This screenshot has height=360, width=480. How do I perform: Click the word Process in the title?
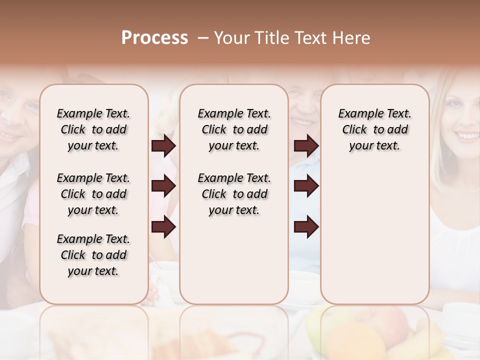pos(154,38)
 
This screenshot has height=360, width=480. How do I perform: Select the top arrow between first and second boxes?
pos(163,146)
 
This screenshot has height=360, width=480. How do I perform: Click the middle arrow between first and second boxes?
pos(163,186)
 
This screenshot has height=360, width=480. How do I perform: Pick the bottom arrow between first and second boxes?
pos(163,227)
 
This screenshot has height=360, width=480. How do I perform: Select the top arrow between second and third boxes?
pos(306,146)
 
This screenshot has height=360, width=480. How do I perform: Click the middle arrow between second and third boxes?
pos(306,186)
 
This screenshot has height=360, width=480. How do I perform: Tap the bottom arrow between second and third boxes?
pos(306,227)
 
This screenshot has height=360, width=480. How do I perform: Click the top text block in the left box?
pos(93,129)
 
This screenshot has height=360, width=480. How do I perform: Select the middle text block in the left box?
pos(93,194)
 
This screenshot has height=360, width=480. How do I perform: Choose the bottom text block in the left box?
pos(93,255)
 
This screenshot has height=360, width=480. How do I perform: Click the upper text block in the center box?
pos(234,129)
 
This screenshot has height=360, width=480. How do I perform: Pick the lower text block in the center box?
pos(234,194)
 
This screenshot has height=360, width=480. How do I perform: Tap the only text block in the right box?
pos(374,129)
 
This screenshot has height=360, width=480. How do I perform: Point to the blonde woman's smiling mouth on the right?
pos(467,135)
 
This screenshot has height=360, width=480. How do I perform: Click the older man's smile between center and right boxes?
pos(303,121)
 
